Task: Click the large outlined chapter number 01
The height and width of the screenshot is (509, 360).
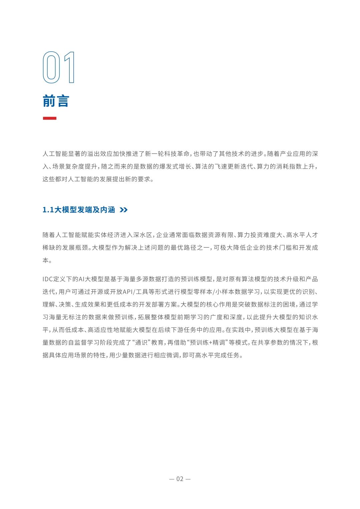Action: [59, 68]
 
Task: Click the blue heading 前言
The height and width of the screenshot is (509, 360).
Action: [56, 101]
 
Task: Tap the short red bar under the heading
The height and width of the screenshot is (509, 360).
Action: [49, 118]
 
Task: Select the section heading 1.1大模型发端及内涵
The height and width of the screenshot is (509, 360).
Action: [79, 210]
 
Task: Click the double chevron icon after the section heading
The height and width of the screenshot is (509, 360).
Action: [123, 210]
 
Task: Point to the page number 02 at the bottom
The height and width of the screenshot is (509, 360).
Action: [180, 479]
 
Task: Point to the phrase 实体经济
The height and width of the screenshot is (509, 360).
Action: [104, 235]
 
